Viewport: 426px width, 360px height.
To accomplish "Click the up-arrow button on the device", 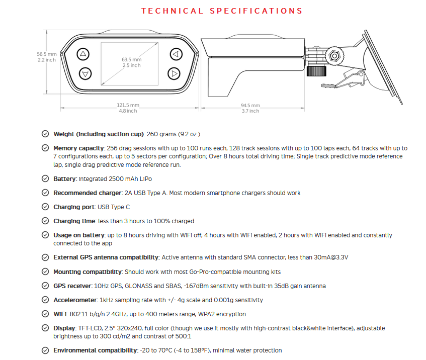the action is (84, 54).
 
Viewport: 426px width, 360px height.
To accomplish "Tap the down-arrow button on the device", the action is (84, 74).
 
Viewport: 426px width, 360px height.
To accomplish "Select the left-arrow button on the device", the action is (175, 54).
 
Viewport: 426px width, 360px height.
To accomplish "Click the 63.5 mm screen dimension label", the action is (131, 59).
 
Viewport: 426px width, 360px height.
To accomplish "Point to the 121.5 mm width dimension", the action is (129, 105).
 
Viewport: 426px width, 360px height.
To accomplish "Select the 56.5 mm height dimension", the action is (46, 54).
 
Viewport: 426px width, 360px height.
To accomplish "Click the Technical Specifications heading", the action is (222, 11).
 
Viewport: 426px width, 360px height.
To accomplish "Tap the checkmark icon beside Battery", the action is (45, 178).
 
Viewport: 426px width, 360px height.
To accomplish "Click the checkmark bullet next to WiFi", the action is (45, 314).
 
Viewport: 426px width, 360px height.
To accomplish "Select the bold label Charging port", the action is (74, 207).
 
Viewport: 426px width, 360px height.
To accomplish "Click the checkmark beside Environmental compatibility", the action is (45, 350).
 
